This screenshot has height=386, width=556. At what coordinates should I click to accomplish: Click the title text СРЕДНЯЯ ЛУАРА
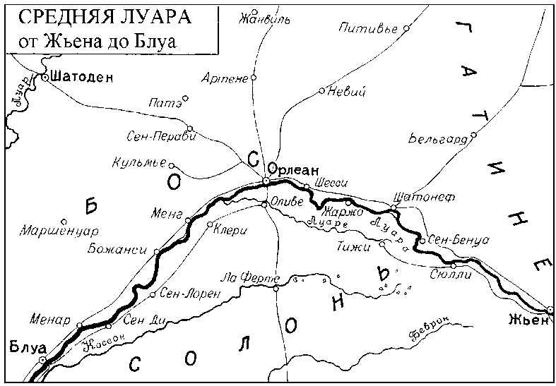click(x=100, y=16)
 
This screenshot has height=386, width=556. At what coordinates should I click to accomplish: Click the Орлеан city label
click(x=294, y=171)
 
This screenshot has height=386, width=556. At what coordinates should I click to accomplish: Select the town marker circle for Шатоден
click(x=45, y=78)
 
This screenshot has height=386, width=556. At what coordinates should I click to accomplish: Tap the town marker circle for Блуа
click(x=43, y=360)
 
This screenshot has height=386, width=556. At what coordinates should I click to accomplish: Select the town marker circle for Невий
click(x=321, y=90)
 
